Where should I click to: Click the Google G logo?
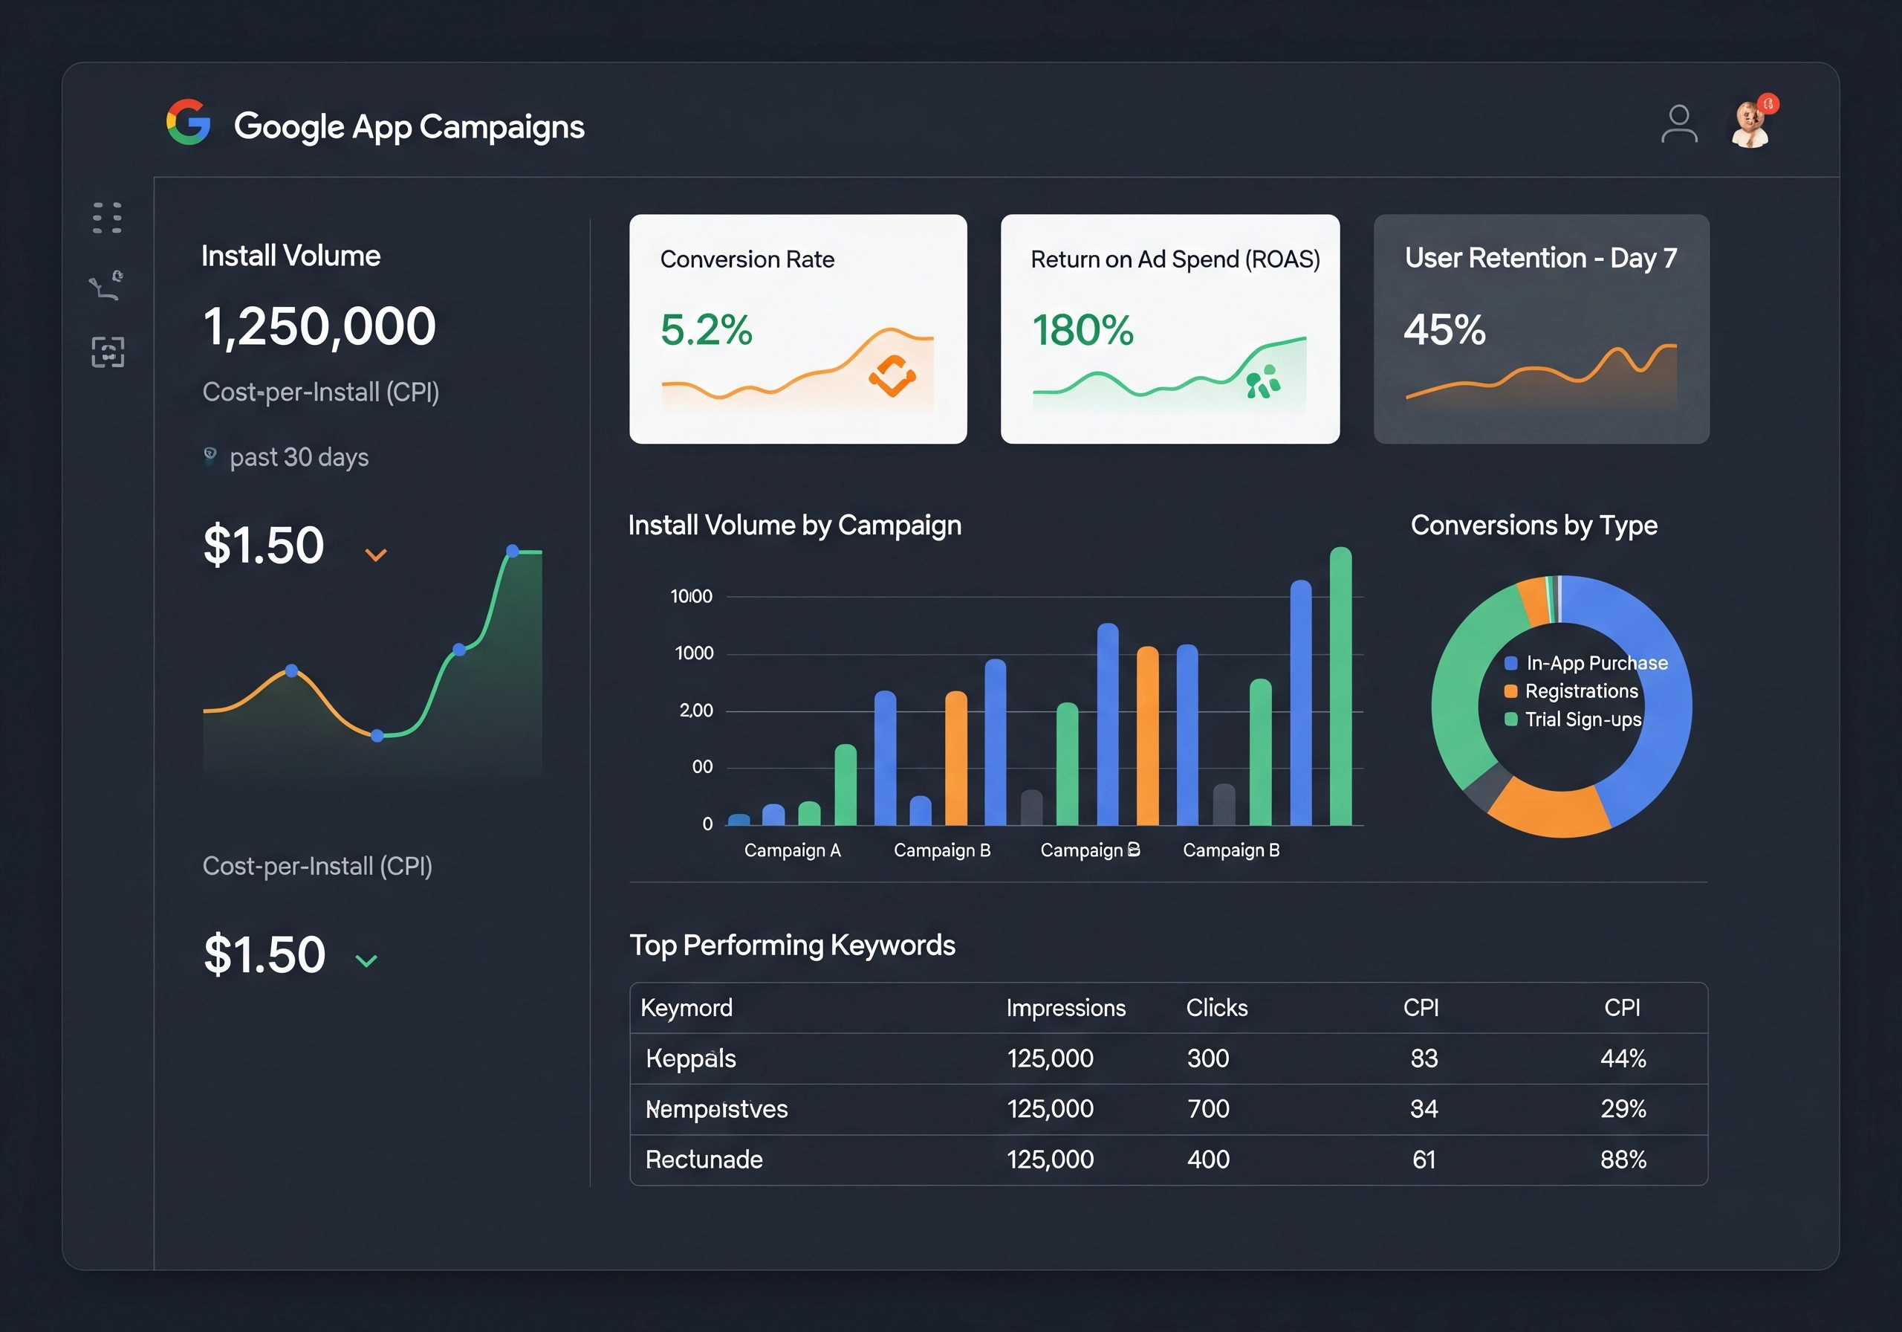tap(188, 123)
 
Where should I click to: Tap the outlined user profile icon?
tap(1678, 124)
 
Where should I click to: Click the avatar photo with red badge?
tap(1750, 125)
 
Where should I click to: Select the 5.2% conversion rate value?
tap(706, 330)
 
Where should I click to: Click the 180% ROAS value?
tap(1082, 330)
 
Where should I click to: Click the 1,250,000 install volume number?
tap(319, 326)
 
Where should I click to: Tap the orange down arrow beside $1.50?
tap(376, 555)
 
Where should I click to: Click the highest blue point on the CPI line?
tap(512, 552)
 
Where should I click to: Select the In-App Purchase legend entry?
tap(1585, 663)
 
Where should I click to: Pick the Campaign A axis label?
tap(792, 850)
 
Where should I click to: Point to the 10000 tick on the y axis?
tap(691, 597)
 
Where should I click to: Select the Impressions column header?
tap(1065, 1008)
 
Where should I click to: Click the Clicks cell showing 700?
tap(1208, 1109)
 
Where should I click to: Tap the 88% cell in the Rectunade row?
tap(1622, 1160)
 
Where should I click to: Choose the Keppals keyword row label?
tap(690, 1058)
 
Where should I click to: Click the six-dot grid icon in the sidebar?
tap(107, 217)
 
